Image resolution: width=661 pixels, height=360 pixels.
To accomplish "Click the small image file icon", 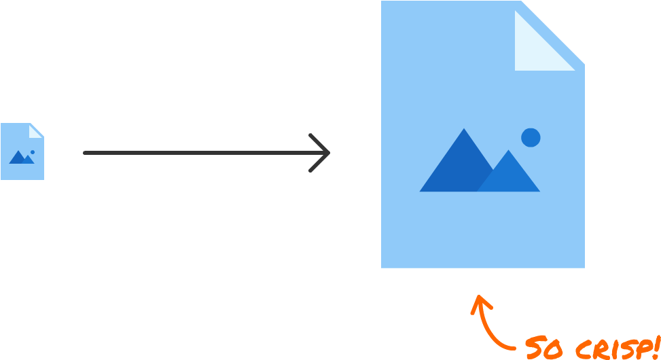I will click(22, 151).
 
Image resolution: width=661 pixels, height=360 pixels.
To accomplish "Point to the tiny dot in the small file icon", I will click(32, 152).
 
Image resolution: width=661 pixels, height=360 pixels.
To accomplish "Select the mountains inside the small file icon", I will click(21, 158).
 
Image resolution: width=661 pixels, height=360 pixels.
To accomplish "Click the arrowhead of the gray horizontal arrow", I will click(325, 153).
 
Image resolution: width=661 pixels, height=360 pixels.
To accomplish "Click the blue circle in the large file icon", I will click(531, 137).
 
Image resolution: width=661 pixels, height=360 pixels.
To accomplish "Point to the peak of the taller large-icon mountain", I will click(465, 130).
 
